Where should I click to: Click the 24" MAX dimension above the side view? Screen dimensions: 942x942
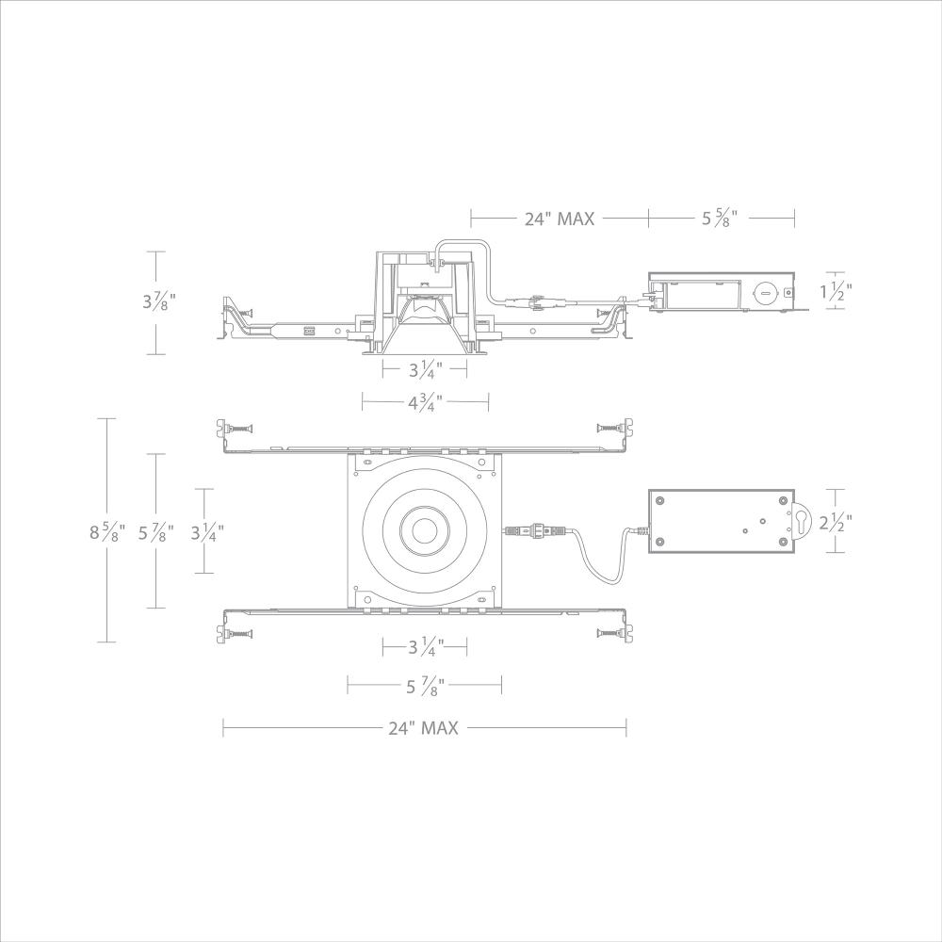coord(560,219)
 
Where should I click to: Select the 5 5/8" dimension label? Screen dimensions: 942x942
coord(719,219)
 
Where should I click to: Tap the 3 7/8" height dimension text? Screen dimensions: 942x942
coord(159,301)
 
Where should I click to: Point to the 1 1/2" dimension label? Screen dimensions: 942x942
coord(836,293)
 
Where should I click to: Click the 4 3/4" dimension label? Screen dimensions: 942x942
coord(425,403)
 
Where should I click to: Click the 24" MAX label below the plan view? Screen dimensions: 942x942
coord(422,727)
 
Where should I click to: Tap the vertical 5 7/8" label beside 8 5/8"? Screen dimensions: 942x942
coord(156,532)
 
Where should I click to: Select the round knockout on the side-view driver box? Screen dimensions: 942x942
coord(765,293)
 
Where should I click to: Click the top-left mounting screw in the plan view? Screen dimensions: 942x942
coord(237,429)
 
